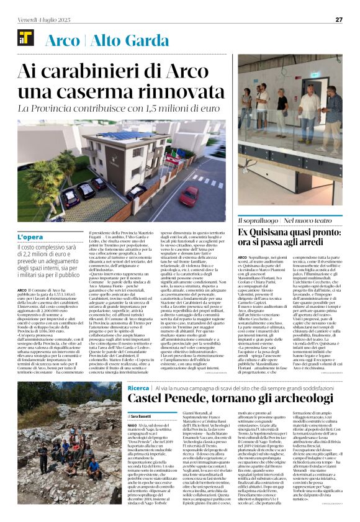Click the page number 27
point(339,19)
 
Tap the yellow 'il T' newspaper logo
point(26,38)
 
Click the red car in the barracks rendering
point(189,197)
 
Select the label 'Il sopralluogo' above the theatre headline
point(257,220)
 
